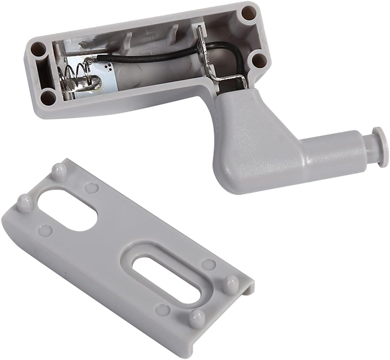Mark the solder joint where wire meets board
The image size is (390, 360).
pos(89,61)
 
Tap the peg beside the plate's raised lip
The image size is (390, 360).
pos(232,281)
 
